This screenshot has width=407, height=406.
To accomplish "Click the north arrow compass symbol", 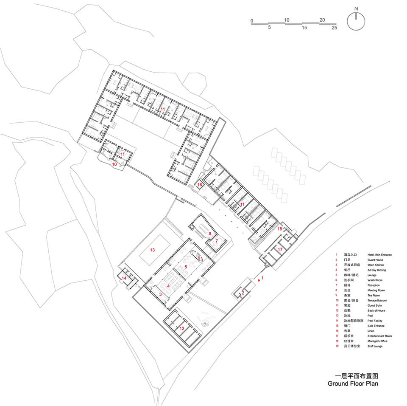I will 356,21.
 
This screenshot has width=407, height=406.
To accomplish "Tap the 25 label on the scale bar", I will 334,28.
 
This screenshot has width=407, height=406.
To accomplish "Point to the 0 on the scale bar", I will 251,20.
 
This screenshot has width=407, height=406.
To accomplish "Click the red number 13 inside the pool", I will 152,250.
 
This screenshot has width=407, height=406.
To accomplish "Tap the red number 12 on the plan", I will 181,328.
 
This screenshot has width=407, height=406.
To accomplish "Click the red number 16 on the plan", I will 199,185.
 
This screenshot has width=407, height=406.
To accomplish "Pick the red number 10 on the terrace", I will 114,164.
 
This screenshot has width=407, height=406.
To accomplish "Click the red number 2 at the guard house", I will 243,293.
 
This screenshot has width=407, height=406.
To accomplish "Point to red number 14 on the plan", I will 124,278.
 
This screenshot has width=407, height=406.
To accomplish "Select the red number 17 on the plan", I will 280,250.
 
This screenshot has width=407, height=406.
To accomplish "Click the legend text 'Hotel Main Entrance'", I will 379,255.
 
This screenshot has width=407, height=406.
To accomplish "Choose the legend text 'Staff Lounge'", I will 375,347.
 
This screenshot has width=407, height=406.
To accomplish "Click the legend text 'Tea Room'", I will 374,296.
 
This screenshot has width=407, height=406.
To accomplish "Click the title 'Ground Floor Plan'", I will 353,383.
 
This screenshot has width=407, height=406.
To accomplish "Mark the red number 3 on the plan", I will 160,294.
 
